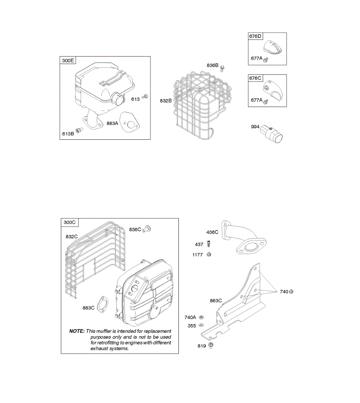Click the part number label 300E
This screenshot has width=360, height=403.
point(68,61)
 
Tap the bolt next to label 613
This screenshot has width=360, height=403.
point(145,97)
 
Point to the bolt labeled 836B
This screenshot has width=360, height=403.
point(222,68)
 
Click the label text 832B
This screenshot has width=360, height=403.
point(166,100)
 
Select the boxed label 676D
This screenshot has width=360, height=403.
point(255,36)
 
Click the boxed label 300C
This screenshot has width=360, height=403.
point(69,222)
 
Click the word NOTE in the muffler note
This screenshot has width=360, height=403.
point(77,331)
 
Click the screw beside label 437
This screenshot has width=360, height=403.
point(209,243)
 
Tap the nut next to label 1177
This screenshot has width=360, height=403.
point(208,254)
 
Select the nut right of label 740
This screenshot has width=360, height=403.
point(291,292)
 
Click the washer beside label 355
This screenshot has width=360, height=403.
point(201,325)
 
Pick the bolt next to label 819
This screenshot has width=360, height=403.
point(211,345)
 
